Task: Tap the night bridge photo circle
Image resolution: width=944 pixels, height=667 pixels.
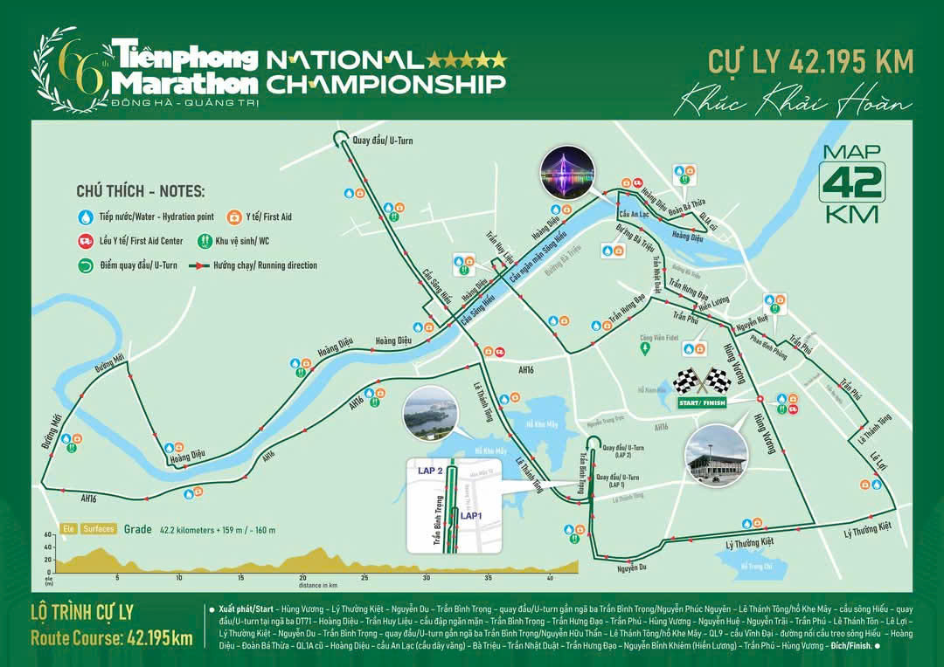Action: (565, 172)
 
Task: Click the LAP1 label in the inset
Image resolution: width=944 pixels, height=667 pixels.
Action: (472, 516)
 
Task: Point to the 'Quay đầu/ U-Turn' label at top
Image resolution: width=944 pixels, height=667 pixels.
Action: (382, 140)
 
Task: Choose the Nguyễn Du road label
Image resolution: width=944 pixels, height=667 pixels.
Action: (630, 568)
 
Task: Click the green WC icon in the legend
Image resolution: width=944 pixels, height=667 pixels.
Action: (206, 240)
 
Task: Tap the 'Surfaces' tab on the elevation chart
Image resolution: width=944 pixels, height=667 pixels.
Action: (99, 528)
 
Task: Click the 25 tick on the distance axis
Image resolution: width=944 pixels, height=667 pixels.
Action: (364, 578)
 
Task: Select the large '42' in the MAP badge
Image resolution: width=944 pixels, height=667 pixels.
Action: (852, 182)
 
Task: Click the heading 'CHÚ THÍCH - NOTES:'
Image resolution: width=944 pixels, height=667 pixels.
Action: (141, 190)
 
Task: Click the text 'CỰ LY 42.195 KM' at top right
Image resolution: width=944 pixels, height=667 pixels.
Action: (811, 62)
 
